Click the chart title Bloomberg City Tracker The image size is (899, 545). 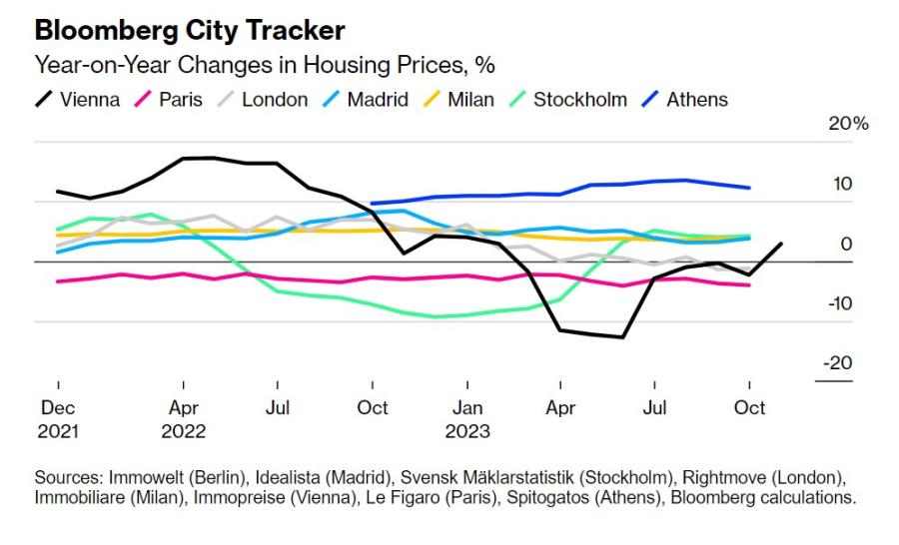pyautogui.click(x=190, y=31)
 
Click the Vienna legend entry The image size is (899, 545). pyautogui.click(x=77, y=100)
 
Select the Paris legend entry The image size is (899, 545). pyautogui.click(x=169, y=100)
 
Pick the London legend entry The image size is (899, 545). pyautogui.click(x=263, y=100)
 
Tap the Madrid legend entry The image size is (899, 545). pyautogui.click(x=366, y=100)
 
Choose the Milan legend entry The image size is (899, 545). pyautogui.click(x=458, y=100)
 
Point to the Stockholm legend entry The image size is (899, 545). pyautogui.click(x=568, y=100)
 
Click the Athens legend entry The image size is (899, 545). pyautogui.click(x=685, y=100)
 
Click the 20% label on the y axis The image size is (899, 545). pyautogui.click(x=848, y=123)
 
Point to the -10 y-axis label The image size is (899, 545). pyautogui.click(x=840, y=303)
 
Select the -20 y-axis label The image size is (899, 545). pyautogui.click(x=838, y=362)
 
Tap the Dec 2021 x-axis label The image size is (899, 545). pyautogui.click(x=58, y=419)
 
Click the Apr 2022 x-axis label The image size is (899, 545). pyautogui.click(x=184, y=419)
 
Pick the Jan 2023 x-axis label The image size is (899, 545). pyautogui.click(x=467, y=419)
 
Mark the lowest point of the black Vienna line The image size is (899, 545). pyautogui.click(x=622, y=337)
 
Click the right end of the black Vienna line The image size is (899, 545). pyautogui.click(x=781, y=244)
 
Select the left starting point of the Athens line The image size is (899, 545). pyautogui.click(x=373, y=204)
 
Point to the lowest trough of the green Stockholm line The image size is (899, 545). pyautogui.click(x=436, y=316)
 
